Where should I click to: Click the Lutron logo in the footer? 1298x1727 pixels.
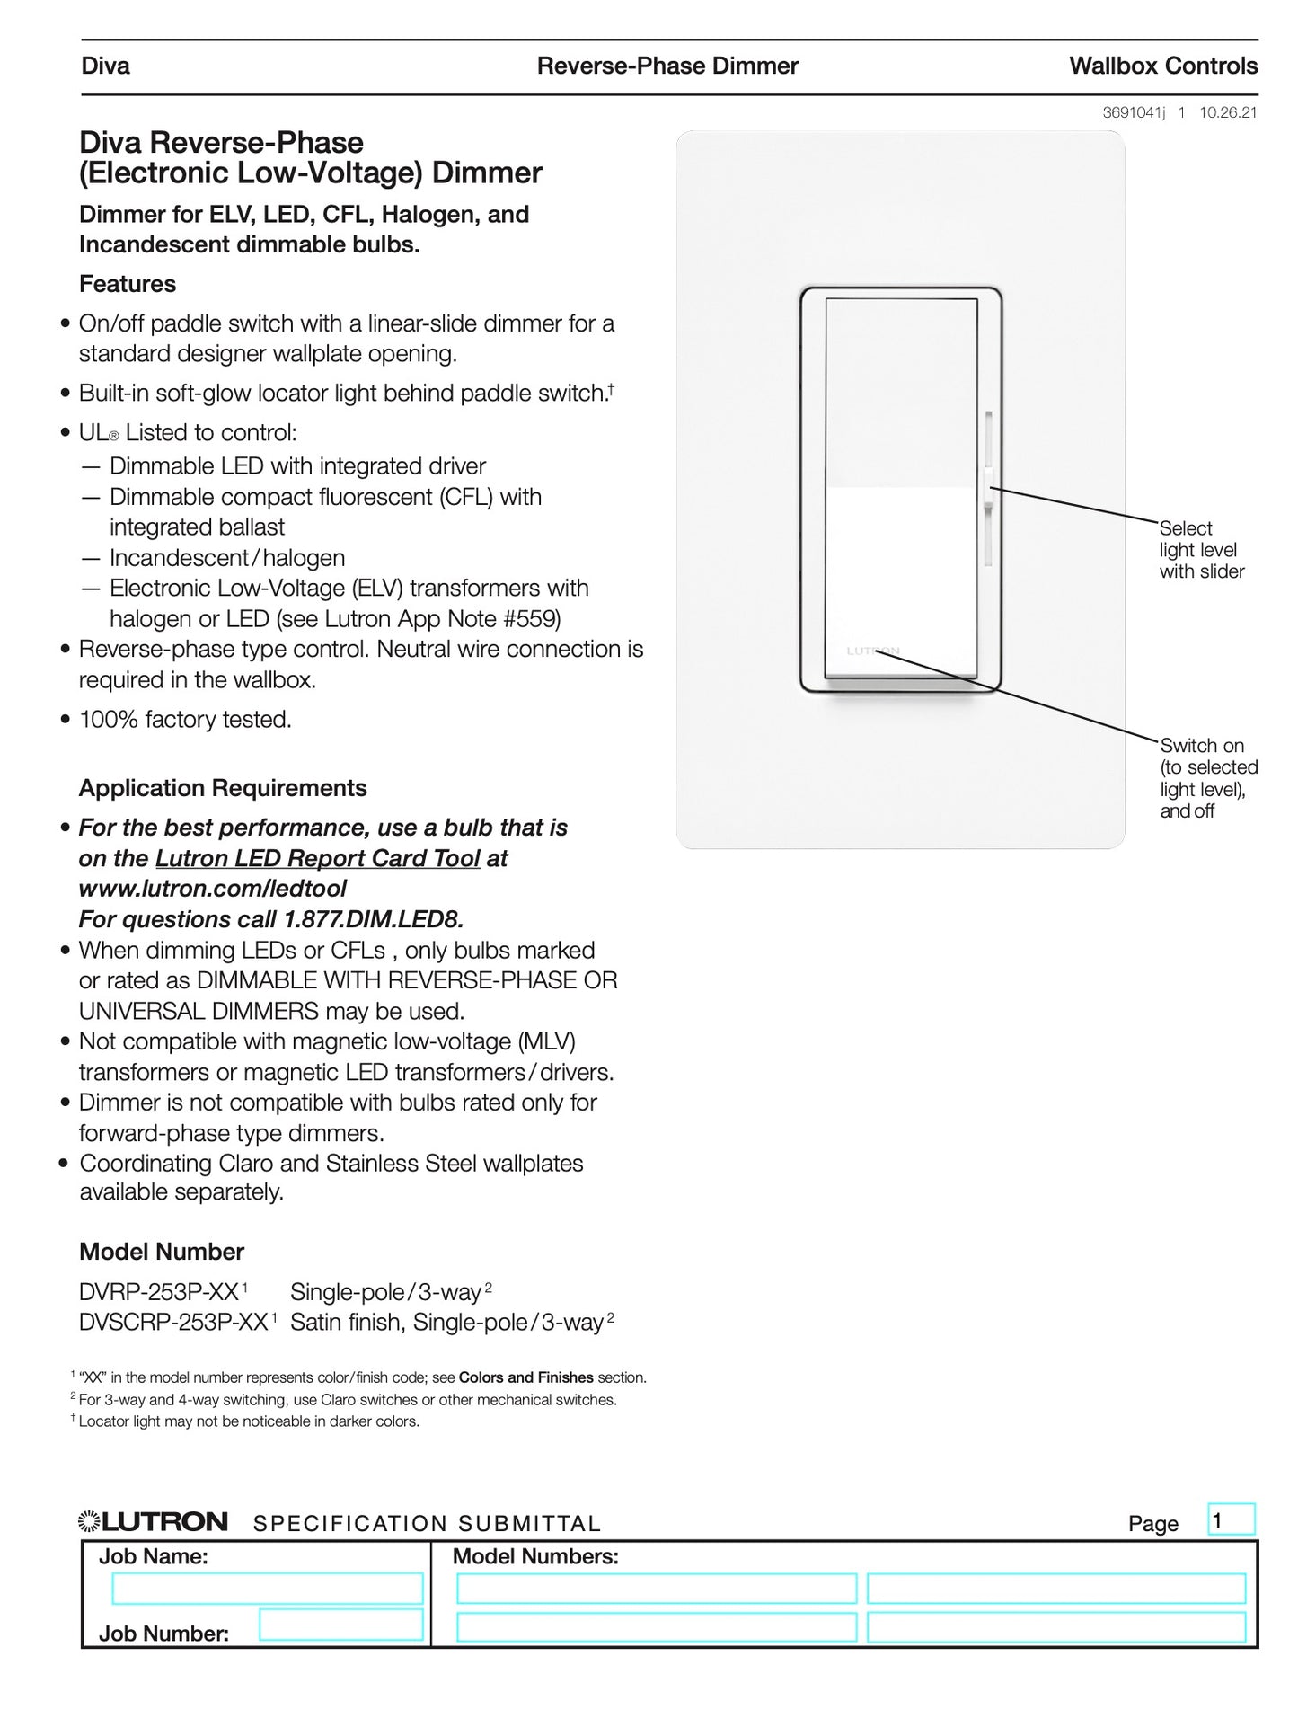coord(153,1521)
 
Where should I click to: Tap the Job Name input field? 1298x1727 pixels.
coord(267,1588)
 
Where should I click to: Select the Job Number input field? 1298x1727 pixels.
coord(340,1625)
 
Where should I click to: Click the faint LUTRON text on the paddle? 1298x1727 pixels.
coord(872,651)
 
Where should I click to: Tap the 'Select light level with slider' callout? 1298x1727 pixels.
coord(1201,550)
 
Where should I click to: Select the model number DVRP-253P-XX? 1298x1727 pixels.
coord(159,1292)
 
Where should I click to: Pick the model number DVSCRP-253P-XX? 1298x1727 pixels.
coord(173,1323)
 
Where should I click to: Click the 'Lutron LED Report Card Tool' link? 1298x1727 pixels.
coord(317,858)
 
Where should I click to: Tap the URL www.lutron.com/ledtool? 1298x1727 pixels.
coord(212,889)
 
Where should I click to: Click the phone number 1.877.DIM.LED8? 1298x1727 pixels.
coord(373,919)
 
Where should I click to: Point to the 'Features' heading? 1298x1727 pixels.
coord(128,284)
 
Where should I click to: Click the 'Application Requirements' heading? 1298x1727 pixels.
coord(223,788)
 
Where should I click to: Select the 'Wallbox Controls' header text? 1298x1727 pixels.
coord(1162,66)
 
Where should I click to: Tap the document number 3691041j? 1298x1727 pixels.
coord(1134,112)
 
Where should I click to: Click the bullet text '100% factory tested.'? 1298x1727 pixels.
coord(185,720)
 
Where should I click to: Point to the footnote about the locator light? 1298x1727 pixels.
coord(248,1421)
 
